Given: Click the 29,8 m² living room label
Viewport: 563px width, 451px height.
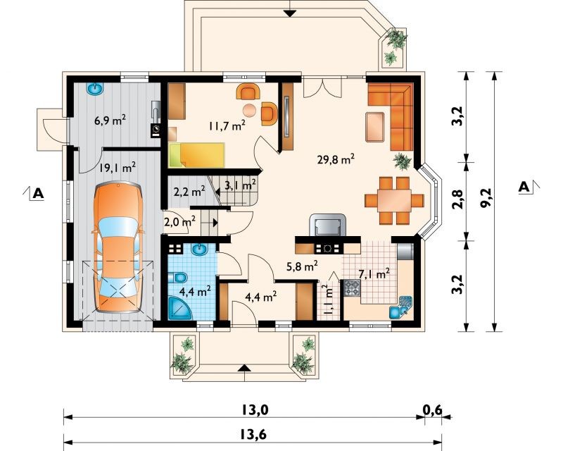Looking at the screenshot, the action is tap(336, 159).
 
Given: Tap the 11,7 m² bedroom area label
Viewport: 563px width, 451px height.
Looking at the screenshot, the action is tap(227, 125).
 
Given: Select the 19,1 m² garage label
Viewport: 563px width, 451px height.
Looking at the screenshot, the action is tap(118, 167).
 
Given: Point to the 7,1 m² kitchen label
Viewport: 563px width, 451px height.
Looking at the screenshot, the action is tap(374, 274).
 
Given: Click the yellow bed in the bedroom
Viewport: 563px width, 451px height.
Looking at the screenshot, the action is tap(196, 155).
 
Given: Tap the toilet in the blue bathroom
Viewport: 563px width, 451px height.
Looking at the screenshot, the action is tap(178, 278).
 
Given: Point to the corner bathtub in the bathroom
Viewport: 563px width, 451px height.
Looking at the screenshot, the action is tap(180, 308).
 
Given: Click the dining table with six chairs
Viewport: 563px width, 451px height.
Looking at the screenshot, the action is tap(394, 200).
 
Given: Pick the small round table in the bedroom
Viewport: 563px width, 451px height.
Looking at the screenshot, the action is tap(249, 109).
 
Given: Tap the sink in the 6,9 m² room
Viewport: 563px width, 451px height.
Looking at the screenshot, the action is tap(95, 89).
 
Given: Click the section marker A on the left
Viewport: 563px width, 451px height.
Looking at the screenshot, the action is tap(38, 194).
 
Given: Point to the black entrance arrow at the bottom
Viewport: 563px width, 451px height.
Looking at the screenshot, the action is tap(244, 367).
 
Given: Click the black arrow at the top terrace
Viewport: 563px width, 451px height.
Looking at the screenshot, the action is tap(289, 13).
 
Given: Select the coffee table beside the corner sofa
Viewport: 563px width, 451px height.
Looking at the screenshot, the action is tap(375, 127).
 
